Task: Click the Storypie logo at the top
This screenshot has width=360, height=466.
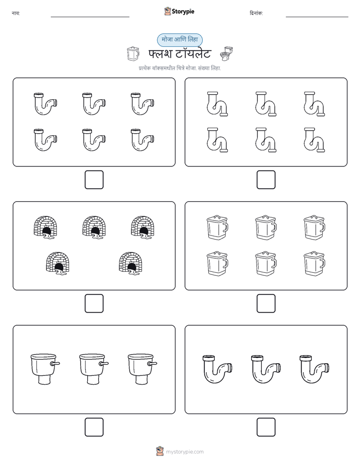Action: pyautogui.click(x=179, y=11)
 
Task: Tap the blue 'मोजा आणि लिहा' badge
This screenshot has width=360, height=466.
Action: pyautogui.click(x=179, y=40)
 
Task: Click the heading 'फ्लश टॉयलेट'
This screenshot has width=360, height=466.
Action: pyautogui.click(x=179, y=54)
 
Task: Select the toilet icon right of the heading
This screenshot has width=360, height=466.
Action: pyautogui.click(x=226, y=53)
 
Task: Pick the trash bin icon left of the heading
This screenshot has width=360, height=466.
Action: pyautogui.click(x=133, y=53)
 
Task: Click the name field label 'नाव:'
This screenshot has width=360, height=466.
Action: pyautogui.click(x=16, y=13)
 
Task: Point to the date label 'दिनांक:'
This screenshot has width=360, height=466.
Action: pyautogui.click(x=256, y=13)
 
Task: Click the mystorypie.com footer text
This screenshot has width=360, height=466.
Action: pyautogui.click(x=185, y=452)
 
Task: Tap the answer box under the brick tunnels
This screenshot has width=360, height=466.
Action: pyautogui.click(x=94, y=304)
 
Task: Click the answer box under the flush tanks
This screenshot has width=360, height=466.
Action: pyautogui.click(x=94, y=427)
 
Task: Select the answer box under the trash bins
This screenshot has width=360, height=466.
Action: pyautogui.click(x=266, y=304)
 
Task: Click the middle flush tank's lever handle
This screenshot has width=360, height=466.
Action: pyautogui.click(x=104, y=364)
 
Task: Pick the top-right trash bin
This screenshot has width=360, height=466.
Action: pyautogui.click(x=314, y=227)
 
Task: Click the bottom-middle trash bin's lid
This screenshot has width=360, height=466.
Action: pyautogui.click(x=266, y=254)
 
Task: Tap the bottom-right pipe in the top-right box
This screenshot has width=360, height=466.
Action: pyautogui.click(x=315, y=140)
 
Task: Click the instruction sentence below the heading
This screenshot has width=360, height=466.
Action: pyautogui.click(x=179, y=69)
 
